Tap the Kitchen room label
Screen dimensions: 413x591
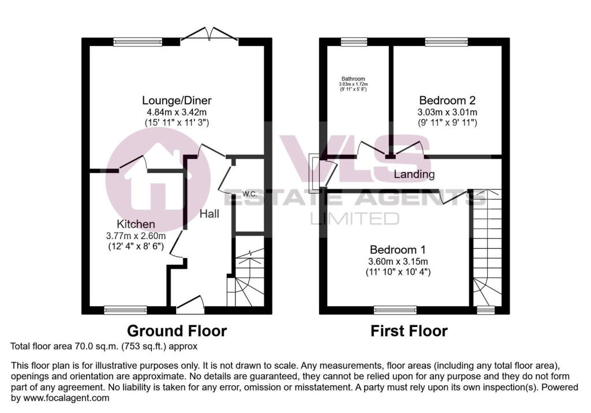(136, 224)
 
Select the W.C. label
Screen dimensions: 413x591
(249, 193)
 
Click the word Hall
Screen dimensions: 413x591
(209, 214)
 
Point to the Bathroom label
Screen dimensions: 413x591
(353, 79)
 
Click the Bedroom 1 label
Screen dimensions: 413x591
(398, 250)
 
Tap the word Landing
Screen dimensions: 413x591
(414, 174)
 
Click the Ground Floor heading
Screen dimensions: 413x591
(177, 331)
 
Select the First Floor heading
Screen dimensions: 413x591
(409, 331)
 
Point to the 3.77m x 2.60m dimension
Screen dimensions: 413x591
(136, 235)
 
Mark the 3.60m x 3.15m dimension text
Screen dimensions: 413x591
(398, 261)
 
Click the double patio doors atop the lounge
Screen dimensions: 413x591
(210, 35)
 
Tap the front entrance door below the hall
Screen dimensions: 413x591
(190, 305)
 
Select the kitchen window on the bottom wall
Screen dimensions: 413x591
(125, 310)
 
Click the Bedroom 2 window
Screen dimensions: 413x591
(446, 42)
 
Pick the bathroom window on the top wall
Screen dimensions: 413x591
(353, 42)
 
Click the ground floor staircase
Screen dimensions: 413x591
(245, 277)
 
